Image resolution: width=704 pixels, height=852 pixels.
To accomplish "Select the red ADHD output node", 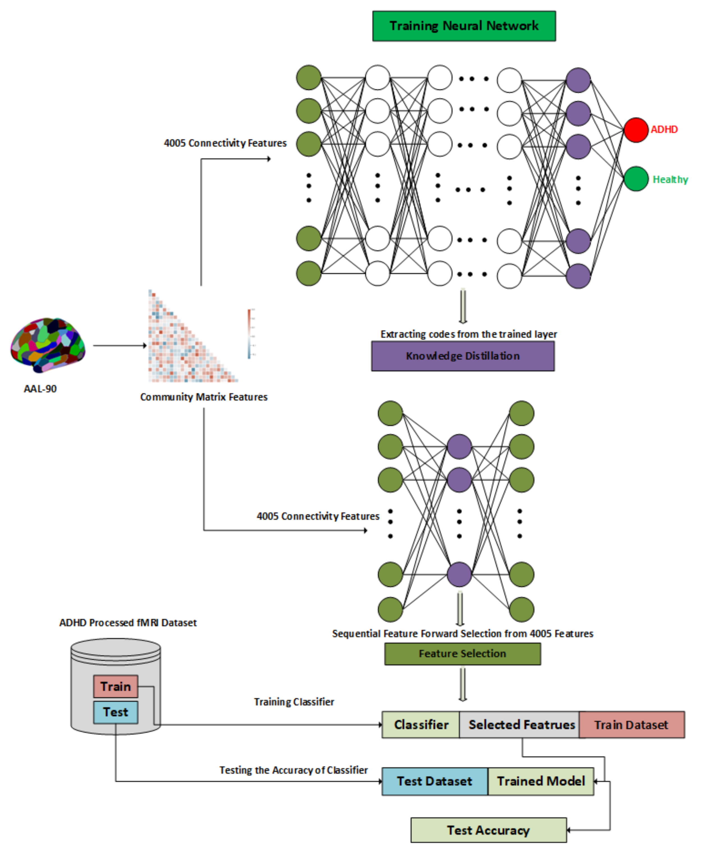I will coord(636,130).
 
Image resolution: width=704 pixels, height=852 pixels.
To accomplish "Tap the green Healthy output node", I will coord(636,179).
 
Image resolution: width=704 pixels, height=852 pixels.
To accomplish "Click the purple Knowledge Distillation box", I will coord(462,356).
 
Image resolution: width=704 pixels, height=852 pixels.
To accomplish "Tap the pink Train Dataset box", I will coord(631,724).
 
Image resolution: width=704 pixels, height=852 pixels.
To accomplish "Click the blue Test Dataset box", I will coord(434,781).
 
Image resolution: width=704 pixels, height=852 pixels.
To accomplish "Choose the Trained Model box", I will coord(541,781).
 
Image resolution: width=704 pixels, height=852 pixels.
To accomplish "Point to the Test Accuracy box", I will coord(488,830).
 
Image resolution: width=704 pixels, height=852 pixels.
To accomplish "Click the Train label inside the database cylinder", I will coord(116,686).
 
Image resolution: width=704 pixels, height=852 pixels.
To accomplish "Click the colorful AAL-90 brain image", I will coord(48,345).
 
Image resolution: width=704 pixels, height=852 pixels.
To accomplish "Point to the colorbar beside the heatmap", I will coord(249,333).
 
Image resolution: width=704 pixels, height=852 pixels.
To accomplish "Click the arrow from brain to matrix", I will coord(120,346).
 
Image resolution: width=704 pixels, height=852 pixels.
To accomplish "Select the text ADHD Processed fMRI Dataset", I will coord(128,622).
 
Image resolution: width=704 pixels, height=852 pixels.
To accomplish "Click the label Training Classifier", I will coord(294,702).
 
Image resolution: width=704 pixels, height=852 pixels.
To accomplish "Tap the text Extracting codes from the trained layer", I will coord(468,334).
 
